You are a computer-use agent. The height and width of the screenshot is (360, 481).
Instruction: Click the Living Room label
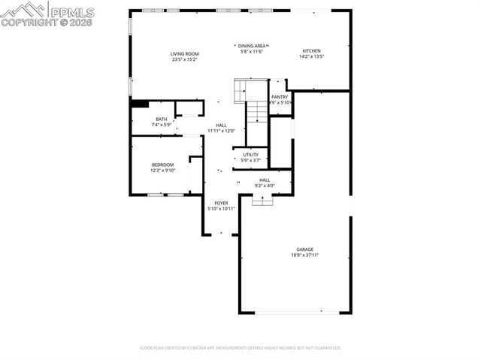click(x=184, y=54)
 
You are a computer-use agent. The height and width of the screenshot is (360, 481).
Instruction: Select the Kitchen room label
click(x=311, y=51)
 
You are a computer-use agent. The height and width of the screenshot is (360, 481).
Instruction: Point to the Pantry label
click(x=280, y=97)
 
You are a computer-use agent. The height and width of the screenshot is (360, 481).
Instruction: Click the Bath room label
click(x=162, y=119)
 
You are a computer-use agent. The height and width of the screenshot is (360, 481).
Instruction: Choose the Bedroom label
click(x=162, y=165)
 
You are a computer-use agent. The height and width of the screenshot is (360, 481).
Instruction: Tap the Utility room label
click(x=250, y=155)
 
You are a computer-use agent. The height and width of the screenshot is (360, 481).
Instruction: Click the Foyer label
click(x=221, y=203)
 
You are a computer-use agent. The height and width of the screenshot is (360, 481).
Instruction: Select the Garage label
click(x=304, y=250)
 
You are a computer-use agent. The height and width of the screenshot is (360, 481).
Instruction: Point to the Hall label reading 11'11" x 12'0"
click(x=221, y=126)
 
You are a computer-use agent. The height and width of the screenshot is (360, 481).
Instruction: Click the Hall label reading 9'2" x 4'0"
click(x=265, y=180)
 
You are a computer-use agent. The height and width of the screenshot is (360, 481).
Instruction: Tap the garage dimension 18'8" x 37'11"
click(x=304, y=256)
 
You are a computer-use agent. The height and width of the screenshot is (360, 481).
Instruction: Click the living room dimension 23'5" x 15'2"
click(x=184, y=59)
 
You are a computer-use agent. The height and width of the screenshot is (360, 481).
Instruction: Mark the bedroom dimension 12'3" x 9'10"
click(x=162, y=170)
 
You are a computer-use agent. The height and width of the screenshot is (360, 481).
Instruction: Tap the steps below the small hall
click(x=262, y=199)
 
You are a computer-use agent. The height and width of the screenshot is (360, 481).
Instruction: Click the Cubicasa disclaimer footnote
click(x=240, y=348)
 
